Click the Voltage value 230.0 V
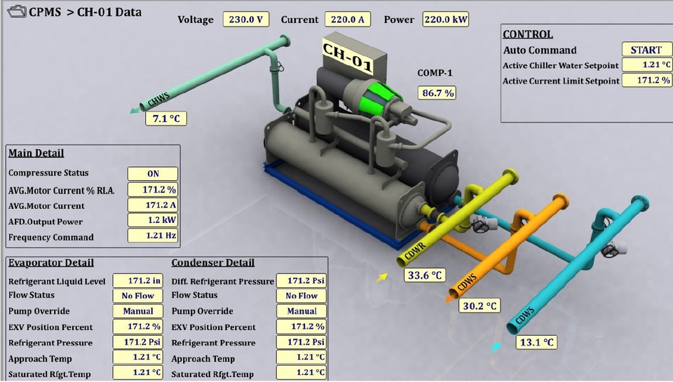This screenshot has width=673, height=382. tap(246, 20)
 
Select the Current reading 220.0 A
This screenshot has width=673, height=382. tap(348, 20)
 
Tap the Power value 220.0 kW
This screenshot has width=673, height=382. tap(446, 20)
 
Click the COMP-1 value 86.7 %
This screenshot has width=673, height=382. tap(437, 93)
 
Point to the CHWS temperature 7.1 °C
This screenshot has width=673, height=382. tap(166, 118)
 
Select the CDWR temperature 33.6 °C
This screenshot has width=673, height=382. tap(425, 275)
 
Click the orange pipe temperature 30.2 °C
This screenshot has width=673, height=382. tap(480, 306)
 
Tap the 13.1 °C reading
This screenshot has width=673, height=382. tap(536, 343)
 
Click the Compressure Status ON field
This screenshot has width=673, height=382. tap(153, 174)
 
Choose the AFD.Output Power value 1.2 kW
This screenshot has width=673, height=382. tap(153, 220)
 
